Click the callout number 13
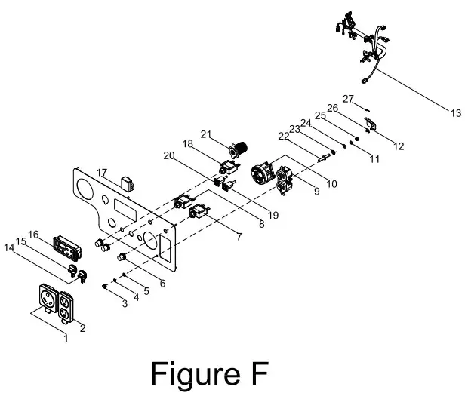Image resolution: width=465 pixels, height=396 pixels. pyautogui.click(x=454, y=113)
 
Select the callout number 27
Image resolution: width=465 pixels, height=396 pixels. pyautogui.click(x=348, y=99)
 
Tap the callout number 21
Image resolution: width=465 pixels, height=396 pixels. pyautogui.click(x=204, y=134)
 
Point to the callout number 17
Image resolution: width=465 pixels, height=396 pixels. pyautogui.click(x=102, y=173)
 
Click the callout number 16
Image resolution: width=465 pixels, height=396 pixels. pyautogui.click(x=33, y=235)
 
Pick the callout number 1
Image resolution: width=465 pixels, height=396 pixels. pyautogui.click(x=66, y=339)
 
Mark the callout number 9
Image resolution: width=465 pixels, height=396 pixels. pyautogui.click(x=315, y=191)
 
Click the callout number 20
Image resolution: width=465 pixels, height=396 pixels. pyautogui.click(x=167, y=156)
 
